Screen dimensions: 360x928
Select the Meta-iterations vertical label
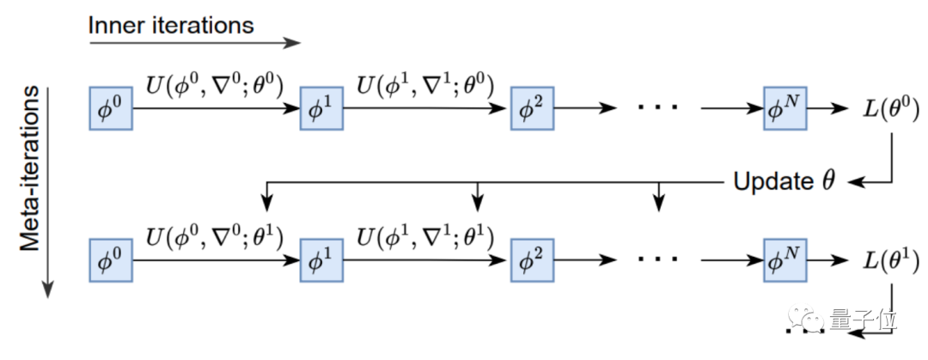pos(33,168)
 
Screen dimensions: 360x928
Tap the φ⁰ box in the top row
pos(111,108)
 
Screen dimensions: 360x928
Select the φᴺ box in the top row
pos(785,108)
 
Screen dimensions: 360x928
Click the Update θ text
pos(784,182)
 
